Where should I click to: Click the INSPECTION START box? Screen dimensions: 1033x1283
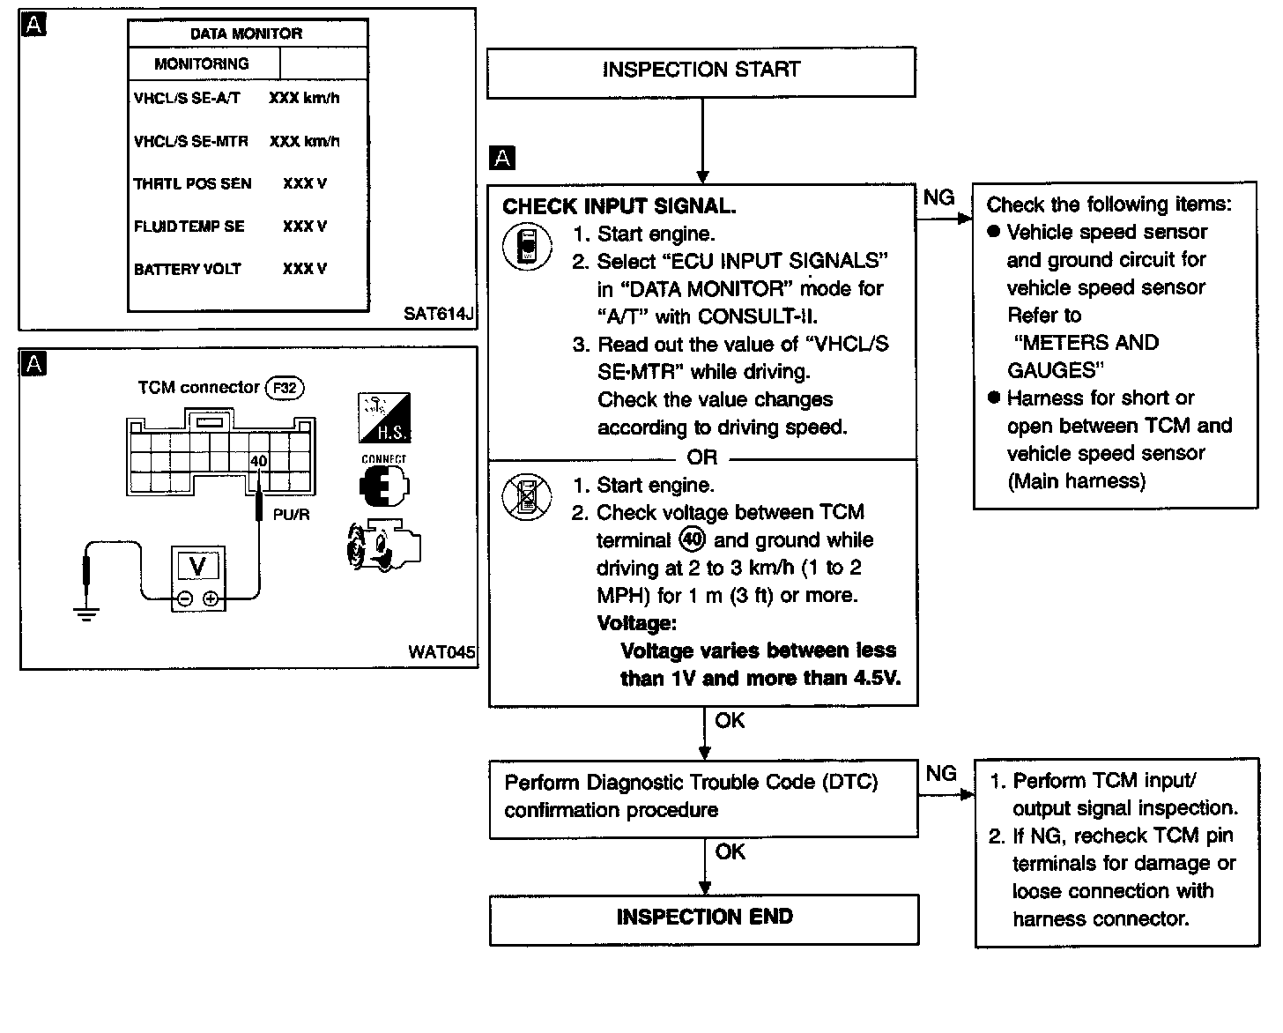point(701,71)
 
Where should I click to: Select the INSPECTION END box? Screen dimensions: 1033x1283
point(704,918)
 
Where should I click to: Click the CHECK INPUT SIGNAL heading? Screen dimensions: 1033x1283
point(619,206)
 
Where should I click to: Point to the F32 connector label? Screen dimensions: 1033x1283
point(285,388)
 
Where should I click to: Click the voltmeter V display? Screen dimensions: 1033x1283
point(198,565)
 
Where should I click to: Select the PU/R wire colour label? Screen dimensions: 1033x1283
point(291,515)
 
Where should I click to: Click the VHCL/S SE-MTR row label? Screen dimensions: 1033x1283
point(191,141)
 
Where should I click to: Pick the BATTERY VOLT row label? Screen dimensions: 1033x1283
point(187,269)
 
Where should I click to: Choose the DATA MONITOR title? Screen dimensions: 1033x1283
point(247,34)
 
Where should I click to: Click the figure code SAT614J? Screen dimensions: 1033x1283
point(439,314)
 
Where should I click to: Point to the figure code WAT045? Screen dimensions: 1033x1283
point(441,652)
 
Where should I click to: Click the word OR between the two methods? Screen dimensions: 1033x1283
point(702,457)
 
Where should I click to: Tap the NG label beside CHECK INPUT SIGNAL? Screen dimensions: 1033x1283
point(938,198)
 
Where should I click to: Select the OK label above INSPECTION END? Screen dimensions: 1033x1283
point(730,852)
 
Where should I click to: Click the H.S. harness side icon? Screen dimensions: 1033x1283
point(384,419)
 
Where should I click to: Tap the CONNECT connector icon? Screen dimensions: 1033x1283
point(384,481)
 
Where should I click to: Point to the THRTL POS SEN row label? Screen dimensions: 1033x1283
point(192,183)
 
